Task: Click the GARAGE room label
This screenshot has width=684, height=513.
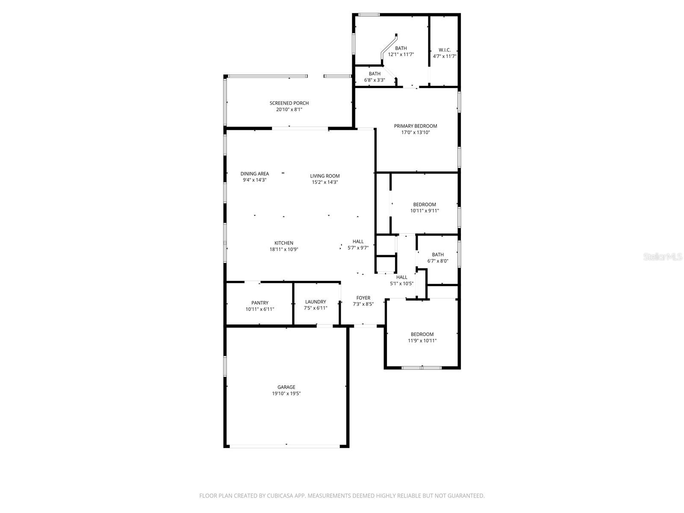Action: tap(286, 387)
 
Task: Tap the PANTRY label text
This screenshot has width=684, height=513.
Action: tap(260, 303)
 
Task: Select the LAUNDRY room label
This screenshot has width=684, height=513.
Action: tap(315, 302)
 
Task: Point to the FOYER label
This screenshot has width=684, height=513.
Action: tap(363, 298)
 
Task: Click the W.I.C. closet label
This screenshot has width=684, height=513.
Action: tap(445, 50)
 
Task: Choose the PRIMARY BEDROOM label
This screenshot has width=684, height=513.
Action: tap(416, 126)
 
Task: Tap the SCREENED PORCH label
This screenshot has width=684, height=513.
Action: tap(289, 103)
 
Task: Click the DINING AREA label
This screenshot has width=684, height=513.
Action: tap(255, 174)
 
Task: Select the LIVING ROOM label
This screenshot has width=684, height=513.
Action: tap(325, 176)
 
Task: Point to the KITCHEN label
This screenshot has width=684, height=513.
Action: tap(284, 243)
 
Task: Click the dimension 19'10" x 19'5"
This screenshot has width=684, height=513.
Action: tap(286, 394)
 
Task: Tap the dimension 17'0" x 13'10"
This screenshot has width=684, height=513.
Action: tap(416, 133)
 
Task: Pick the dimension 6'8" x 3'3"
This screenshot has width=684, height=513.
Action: tap(374, 80)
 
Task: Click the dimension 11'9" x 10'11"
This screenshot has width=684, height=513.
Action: tap(422, 341)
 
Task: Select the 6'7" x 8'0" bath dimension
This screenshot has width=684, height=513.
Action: tap(438, 261)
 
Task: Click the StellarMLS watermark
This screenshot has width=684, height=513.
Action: tap(663, 257)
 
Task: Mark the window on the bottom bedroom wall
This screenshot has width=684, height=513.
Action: tap(422, 367)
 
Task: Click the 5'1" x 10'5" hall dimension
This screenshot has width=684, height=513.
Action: tap(401, 283)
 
